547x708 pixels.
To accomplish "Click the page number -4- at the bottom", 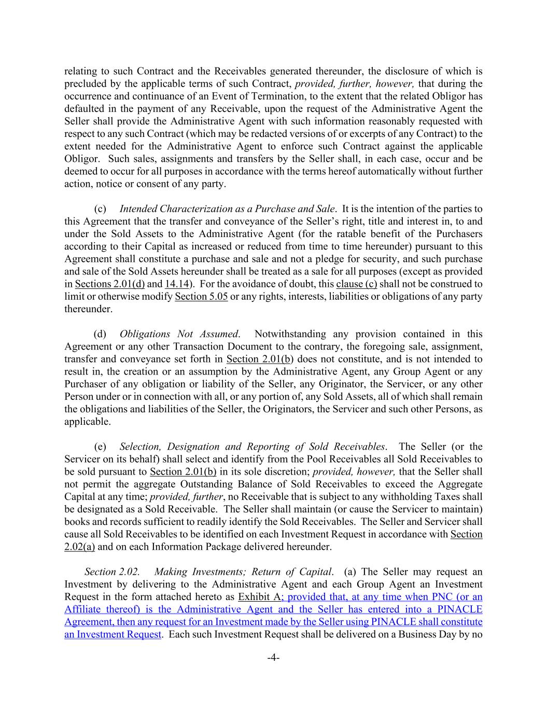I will (x=273, y=658).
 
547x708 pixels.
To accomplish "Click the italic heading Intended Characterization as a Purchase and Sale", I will (x=227, y=209).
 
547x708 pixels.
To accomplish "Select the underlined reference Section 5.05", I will (x=201, y=297).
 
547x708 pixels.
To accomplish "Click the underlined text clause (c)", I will (x=357, y=284).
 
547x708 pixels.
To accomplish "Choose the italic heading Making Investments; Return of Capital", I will (x=243, y=572).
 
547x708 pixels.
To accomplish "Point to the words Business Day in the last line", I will (x=427, y=634).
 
